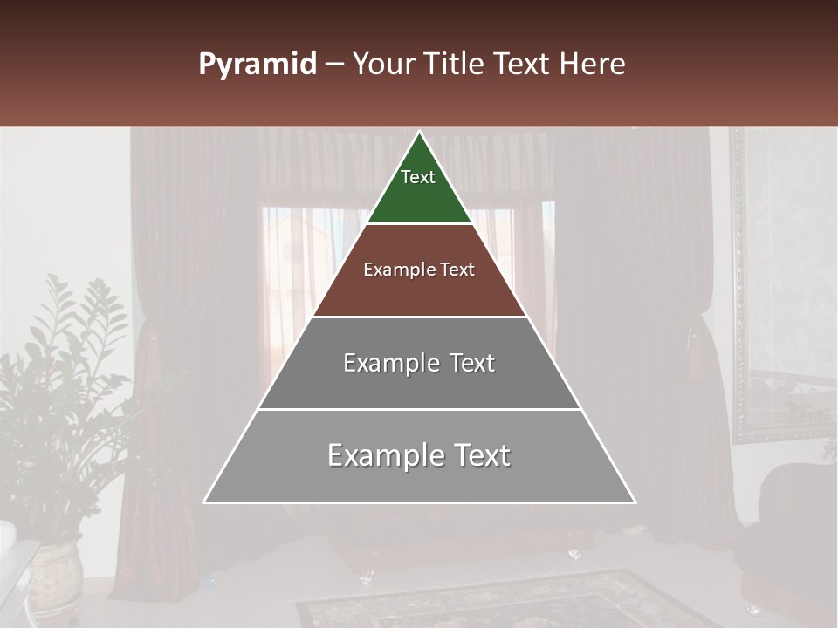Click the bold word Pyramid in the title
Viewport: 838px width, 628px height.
click(x=257, y=65)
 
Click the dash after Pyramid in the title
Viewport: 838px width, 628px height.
click(x=334, y=65)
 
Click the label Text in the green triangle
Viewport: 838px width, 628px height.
click(x=418, y=177)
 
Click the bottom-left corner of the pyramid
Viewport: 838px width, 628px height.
click(x=205, y=502)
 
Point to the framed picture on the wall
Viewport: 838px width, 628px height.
click(x=781, y=288)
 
